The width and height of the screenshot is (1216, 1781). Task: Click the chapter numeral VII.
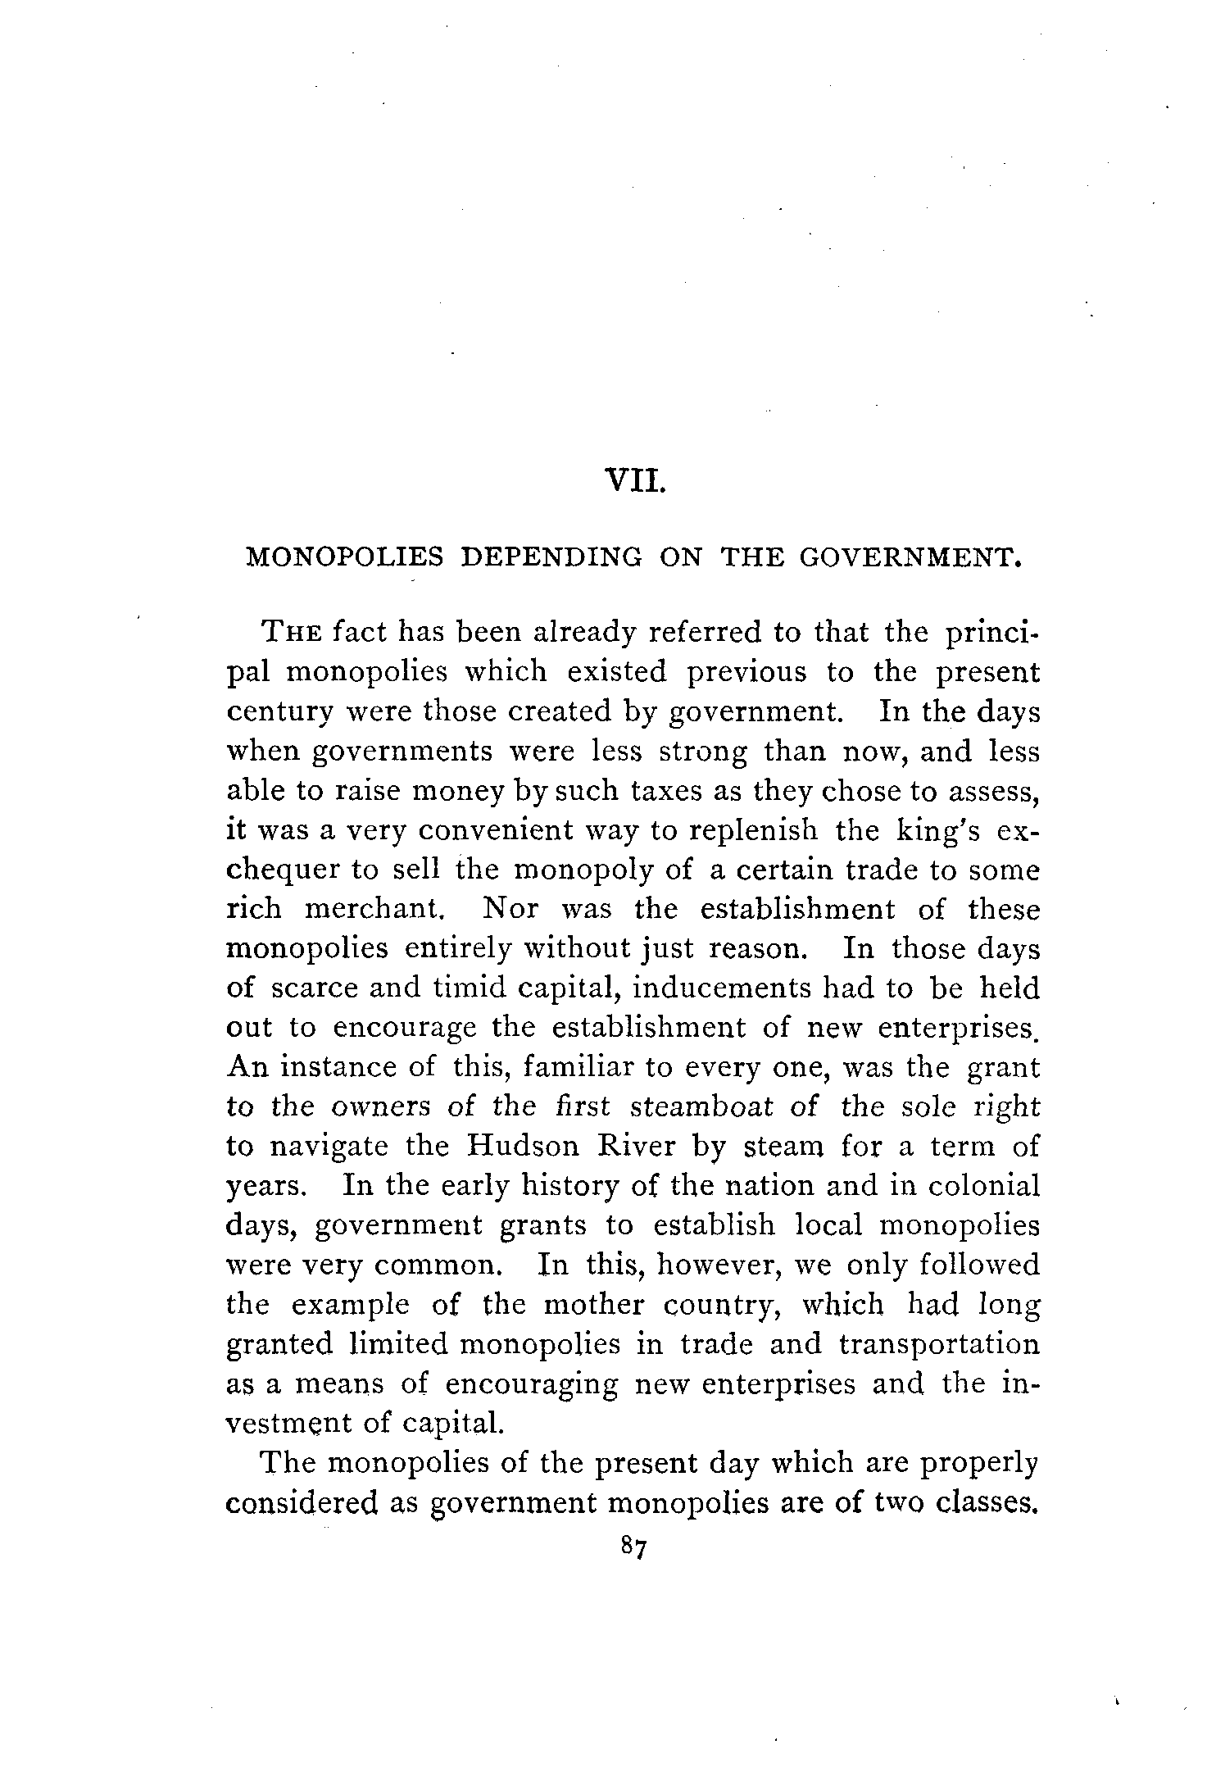coord(635,479)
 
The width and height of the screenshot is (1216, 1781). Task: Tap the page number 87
coord(635,1547)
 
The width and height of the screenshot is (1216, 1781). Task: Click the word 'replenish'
coord(753,830)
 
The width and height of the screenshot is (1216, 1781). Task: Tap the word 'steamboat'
coord(702,1107)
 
